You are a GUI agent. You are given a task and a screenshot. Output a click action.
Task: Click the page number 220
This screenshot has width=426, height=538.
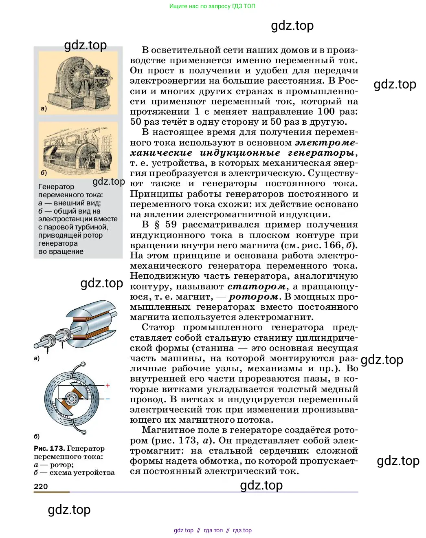pyautogui.click(x=41, y=486)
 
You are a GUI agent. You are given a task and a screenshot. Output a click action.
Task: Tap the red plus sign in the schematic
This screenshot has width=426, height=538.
pyautogui.click(x=108, y=385)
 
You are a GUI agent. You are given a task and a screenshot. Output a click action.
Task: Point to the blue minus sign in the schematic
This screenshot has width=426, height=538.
pyautogui.click(x=108, y=399)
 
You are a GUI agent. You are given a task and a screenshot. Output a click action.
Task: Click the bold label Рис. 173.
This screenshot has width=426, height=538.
pyautogui.click(x=49, y=448)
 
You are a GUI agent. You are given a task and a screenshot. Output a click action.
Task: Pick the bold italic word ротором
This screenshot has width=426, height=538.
pyautogui.click(x=254, y=297)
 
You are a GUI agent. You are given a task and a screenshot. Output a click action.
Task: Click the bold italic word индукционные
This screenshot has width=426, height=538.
pyautogui.click(x=240, y=153)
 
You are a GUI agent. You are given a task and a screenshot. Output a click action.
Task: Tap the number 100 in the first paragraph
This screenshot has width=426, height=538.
pyautogui.click(x=326, y=112)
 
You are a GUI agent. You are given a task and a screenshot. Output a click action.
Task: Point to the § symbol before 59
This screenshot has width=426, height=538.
pyautogui.click(x=157, y=225)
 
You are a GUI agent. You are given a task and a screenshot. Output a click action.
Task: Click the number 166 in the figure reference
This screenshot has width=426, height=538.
pyautogui.click(x=332, y=245)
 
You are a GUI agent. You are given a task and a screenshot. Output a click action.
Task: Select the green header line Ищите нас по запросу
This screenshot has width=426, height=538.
pyautogui.click(x=212, y=6)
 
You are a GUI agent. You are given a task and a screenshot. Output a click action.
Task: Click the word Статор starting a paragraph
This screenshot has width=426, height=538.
pyautogui.click(x=158, y=327)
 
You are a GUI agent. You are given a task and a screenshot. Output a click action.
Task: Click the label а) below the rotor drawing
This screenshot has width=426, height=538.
pyautogui.click(x=37, y=358)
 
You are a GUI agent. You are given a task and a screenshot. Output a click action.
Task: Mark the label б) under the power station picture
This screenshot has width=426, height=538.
pyautogui.click(x=44, y=172)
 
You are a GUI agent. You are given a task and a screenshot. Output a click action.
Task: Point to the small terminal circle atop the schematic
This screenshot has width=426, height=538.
pyautogui.click(x=83, y=364)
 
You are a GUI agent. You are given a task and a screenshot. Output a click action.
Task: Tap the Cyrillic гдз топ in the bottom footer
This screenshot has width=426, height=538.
pyautogui.click(x=213, y=530)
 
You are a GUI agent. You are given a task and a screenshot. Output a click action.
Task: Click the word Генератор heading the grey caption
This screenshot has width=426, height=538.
pyautogui.click(x=56, y=187)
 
